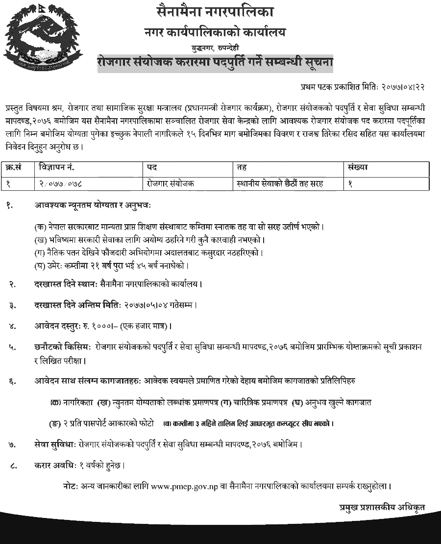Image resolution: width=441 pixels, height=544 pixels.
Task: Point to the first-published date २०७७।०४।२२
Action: click(x=397, y=87)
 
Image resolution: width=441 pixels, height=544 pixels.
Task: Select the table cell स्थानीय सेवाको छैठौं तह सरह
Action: click(x=279, y=183)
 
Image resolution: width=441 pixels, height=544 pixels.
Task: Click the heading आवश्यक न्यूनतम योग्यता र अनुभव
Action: click(x=93, y=205)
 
